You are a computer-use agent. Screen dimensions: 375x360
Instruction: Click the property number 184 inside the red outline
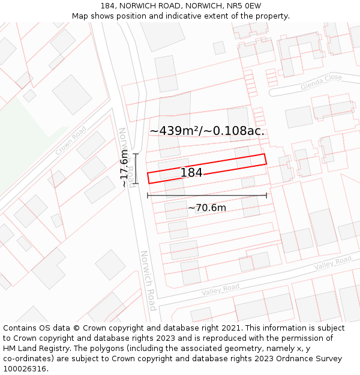[x=191, y=173]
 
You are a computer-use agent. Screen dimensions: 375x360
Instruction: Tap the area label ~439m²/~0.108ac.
[x=207, y=131]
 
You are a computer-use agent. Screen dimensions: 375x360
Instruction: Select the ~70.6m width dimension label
[x=207, y=208]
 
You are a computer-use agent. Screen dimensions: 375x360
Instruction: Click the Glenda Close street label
[x=322, y=82]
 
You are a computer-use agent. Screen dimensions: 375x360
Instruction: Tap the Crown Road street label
[x=71, y=140]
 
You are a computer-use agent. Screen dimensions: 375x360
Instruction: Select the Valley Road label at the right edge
[x=333, y=262]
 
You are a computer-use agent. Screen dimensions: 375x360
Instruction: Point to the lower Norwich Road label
[x=148, y=280]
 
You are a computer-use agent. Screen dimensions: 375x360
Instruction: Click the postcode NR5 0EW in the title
[x=244, y=5]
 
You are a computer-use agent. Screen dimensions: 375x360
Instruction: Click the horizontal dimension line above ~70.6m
[x=207, y=195]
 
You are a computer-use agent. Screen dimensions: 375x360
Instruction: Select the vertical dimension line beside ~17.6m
[x=136, y=169]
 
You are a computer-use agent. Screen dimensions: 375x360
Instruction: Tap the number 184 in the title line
[x=108, y=5]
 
